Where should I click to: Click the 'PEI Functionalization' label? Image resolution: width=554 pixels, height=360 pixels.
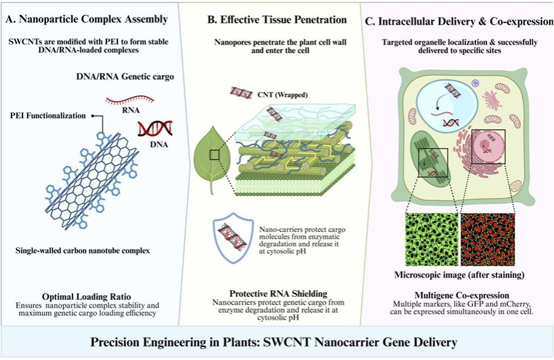(48, 116)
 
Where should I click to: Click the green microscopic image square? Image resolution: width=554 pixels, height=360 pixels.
(432, 239)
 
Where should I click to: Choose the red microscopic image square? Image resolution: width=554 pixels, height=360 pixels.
(487, 239)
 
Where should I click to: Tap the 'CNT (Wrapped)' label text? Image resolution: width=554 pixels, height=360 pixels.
(282, 94)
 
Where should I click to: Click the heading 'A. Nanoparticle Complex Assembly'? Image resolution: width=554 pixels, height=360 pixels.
(86, 19)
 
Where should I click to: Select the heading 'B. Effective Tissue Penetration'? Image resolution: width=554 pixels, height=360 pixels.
(276, 20)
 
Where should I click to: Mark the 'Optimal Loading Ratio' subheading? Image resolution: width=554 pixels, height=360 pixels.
(86, 296)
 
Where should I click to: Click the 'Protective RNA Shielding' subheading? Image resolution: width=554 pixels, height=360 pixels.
(278, 293)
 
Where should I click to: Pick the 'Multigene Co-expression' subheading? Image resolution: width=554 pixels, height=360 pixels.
(462, 295)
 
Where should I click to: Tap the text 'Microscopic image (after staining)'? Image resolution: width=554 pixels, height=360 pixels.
(459, 275)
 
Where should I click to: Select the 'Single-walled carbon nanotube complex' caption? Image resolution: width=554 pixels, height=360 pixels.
(83, 251)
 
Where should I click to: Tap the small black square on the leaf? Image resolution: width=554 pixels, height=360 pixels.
(215, 155)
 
